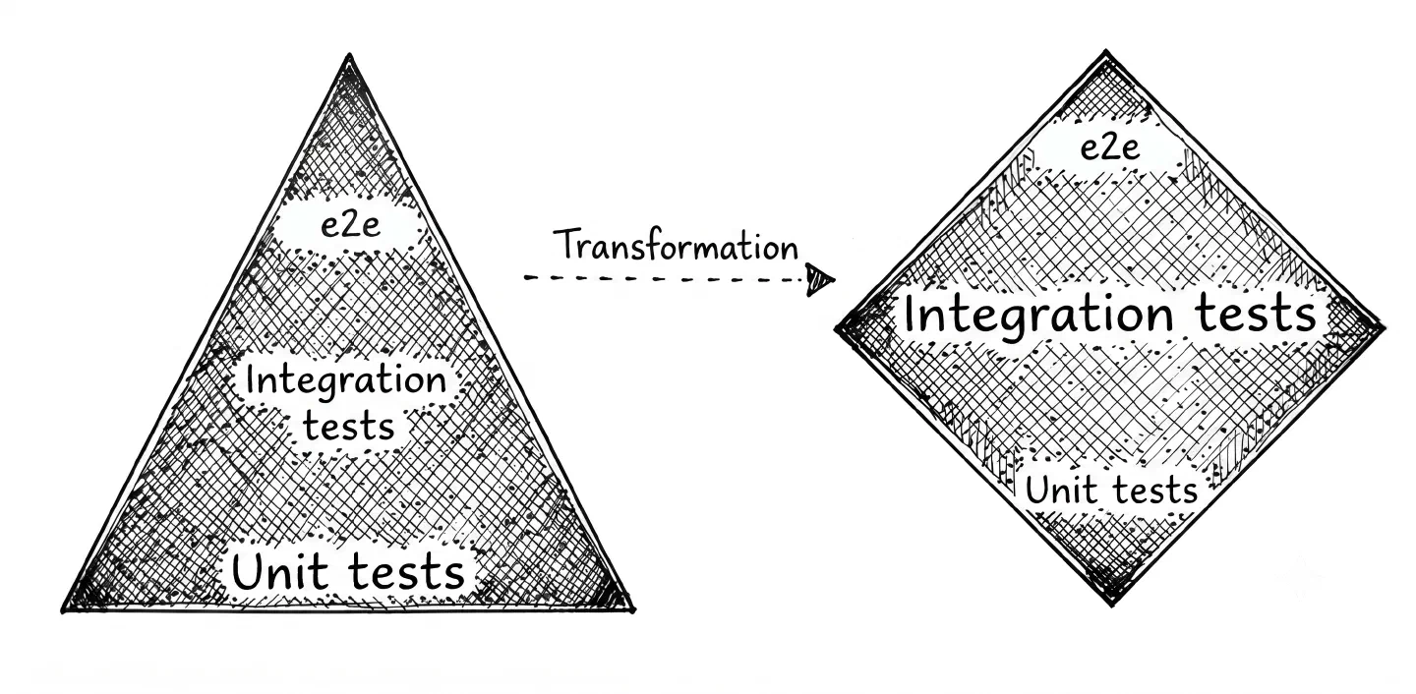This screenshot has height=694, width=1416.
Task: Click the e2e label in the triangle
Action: tap(350, 225)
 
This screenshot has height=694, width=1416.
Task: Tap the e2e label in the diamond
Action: tap(1109, 147)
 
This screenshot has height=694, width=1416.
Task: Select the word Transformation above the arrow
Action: tap(676, 245)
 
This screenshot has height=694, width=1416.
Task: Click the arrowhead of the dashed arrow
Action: tap(820, 279)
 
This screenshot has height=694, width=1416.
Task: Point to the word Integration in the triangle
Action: tap(346, 381)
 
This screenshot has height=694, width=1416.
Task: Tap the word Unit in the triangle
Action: tap(280, 571)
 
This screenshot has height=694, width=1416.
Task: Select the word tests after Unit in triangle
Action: tap(406, 571)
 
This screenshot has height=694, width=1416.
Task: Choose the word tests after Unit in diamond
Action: tap(1154, 490)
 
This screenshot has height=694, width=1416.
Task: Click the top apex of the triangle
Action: tap(349, 56)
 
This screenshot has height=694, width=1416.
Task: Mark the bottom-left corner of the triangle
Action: tap(63, 611)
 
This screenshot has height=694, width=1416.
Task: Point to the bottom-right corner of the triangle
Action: tap(634, 610)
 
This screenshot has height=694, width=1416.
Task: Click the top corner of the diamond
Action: tap(1105, 50)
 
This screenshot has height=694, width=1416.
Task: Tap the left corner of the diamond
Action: tap(836, 328)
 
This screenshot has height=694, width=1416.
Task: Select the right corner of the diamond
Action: tap(1386, 327)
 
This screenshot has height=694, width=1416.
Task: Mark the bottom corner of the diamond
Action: tap(1112, 606)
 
